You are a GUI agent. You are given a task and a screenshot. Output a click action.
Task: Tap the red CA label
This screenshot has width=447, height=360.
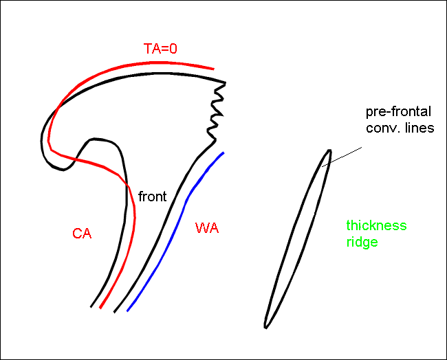82,234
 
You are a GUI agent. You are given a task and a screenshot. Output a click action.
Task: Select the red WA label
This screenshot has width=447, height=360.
207,228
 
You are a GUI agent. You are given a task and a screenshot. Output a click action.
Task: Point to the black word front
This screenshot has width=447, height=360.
153,196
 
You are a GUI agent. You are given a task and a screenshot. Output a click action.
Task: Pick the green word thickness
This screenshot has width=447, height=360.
376,226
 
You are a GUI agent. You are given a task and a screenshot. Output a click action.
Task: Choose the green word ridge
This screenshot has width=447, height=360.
362,242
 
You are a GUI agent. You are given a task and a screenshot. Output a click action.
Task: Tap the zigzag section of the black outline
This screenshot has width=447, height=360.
215,113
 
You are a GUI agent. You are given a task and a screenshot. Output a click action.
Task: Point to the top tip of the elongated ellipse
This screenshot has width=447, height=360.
329,151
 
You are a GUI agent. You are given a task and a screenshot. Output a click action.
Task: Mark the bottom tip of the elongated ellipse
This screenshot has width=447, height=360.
266,326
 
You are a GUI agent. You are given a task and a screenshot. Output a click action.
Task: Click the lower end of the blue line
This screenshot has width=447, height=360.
127,311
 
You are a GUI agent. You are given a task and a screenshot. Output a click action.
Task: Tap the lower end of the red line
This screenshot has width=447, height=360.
100,307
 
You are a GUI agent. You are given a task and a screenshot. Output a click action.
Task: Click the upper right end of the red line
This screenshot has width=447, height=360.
214,69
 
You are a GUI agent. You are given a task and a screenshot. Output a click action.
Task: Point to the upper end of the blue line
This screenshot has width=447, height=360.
223,153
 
